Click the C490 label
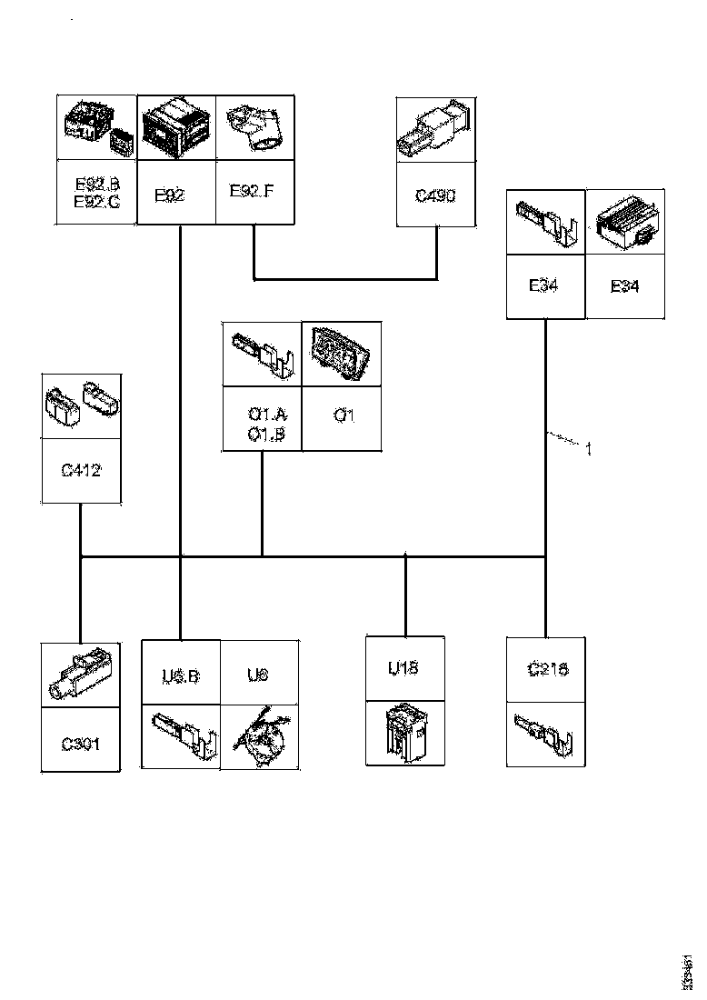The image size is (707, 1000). (436, 195)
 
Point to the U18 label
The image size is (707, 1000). (403, 669)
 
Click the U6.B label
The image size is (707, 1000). (181, 675)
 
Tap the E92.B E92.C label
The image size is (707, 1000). (96, 193)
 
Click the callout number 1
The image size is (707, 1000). (588, 448)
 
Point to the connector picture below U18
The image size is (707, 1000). (403, 733)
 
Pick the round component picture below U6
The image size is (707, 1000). (259, 734)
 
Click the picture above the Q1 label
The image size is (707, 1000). (342, 354)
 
